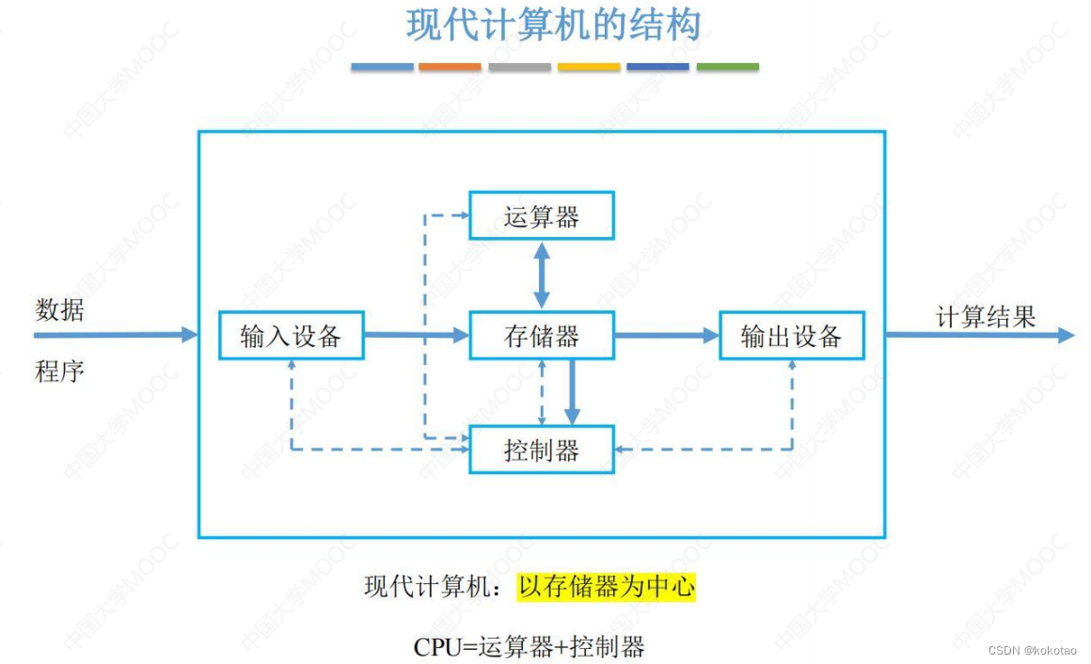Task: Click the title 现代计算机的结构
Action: [554, 25]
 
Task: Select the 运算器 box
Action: [542, 216]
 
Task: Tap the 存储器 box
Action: [542, 336]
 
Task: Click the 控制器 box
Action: [542, 450]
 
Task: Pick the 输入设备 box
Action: [291, 336]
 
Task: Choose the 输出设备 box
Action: [791, 336]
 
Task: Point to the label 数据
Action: [59, 309]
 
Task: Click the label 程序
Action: [59, 371]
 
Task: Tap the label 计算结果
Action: [985, 317]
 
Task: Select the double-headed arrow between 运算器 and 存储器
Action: [542, 275]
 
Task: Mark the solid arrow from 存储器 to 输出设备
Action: [666, 335]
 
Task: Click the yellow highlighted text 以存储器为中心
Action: [607, 588]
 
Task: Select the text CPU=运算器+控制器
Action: [529, 646]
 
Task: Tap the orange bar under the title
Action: [450, 67]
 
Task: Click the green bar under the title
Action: [727, 67]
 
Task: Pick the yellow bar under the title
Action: [589, 67]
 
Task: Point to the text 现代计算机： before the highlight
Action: [438, 588]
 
